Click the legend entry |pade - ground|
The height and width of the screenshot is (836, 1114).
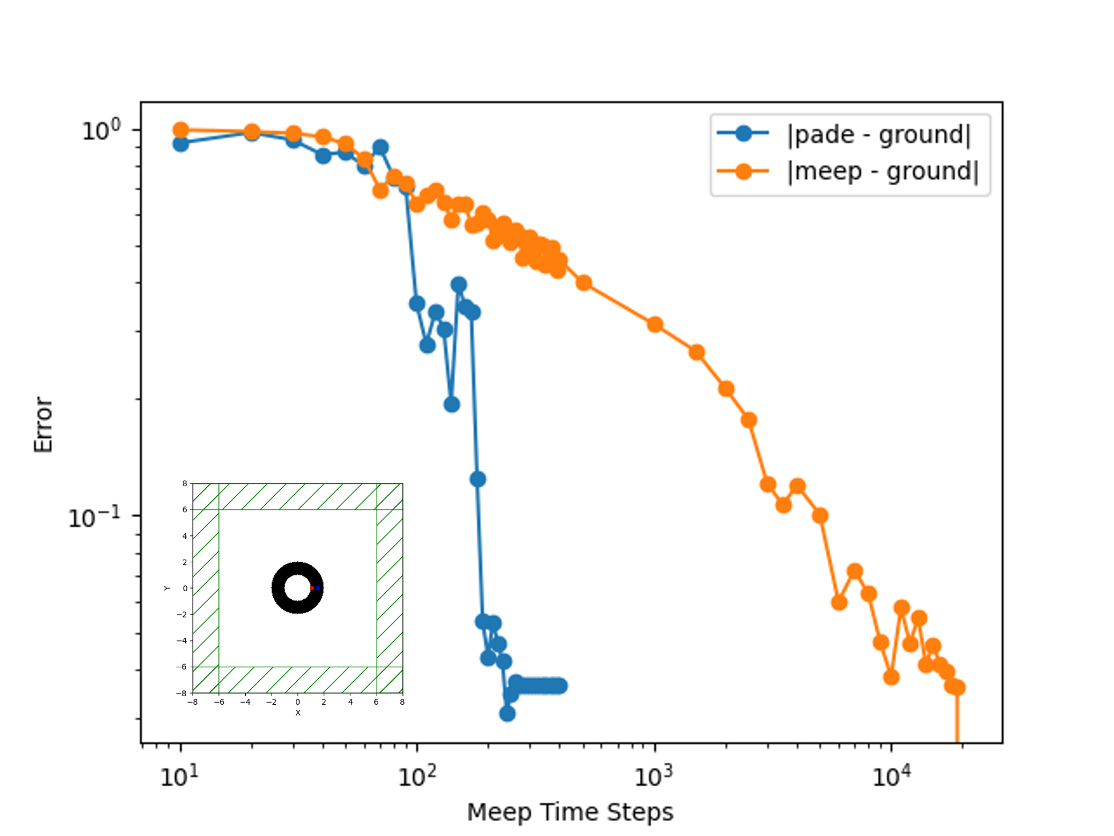[878, 134]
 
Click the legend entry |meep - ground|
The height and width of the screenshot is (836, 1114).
[882, 171]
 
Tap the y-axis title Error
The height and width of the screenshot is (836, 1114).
[43, 425]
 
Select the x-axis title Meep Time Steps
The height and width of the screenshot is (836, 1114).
[570, 812]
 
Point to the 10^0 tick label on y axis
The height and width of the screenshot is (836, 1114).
[101, 130]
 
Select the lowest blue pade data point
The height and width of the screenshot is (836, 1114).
[507, 714]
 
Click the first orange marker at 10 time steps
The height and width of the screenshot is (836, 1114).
[181, 130]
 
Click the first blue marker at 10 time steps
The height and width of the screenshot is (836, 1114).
[181, 144]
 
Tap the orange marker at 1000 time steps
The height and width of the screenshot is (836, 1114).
[655, 324]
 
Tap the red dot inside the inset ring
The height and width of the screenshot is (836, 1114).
[312, 588]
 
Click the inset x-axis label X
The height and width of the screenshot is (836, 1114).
[298, 713]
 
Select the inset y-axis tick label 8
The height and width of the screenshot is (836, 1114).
[185, 483]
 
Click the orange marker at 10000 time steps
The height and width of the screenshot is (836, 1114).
[891, 677]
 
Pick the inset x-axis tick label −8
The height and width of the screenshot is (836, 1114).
[193, 702]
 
